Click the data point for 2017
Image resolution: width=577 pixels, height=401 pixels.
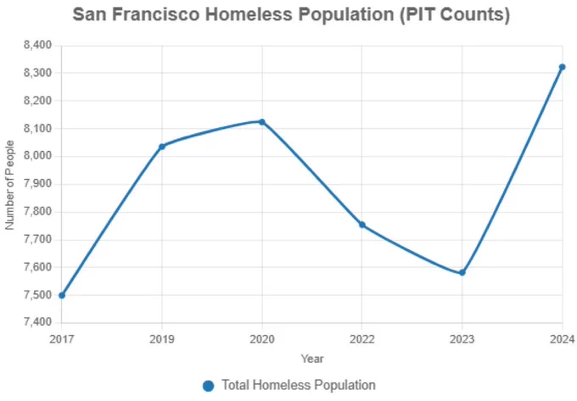click(61, 295)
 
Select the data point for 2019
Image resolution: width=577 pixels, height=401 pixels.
click(161, 146)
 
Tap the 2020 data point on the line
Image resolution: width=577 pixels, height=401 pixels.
click(261, 121)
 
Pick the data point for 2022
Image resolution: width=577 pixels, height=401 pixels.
click(361, 225)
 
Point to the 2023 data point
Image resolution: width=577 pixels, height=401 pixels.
click(462, 272)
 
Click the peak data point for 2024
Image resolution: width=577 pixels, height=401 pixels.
click(562, 67)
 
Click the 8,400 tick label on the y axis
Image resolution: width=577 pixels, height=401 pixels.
click(37, 45)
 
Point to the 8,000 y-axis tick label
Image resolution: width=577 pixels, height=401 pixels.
click(37, 156)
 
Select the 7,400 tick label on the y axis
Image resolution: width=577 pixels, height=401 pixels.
click(37, 323)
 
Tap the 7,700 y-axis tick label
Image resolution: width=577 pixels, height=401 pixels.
click(37, 240)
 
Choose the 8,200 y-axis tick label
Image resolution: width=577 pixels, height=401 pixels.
click(37, 101)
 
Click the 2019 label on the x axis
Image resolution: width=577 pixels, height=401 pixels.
click(161, 338)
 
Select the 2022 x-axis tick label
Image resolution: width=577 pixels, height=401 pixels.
click(361, 338)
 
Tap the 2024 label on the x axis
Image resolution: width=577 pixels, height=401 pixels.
click(561, 338)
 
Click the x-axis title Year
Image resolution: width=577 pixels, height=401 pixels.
click(311, 359)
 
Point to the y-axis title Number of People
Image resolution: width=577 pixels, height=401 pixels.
click(10, 184)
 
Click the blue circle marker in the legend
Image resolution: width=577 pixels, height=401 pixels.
click(208, 386)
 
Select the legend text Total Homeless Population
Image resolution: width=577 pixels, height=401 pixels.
click(298, 386)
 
